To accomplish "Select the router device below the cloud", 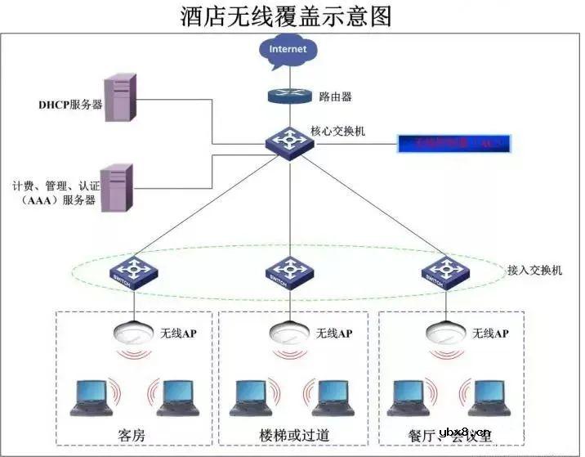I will (x=288, y=95).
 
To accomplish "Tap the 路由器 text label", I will (x=335, y=96).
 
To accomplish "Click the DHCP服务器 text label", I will (x=70, y=105).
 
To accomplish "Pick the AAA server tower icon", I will (x=118, y=188).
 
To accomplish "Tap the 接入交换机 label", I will (x=534, y=270).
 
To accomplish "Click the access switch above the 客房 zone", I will (x=132, y=272).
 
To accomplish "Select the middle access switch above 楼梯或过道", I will (x=288, y=272).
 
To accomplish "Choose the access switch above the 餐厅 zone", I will (x=445, y=272).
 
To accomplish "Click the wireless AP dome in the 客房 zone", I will (x=133, y=333).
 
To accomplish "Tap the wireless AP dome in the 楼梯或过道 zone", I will (x=289, y=333).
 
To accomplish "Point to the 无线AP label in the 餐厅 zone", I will (x=490, y=334).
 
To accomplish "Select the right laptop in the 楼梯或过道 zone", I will (x=334, y=397).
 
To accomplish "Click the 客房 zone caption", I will (x=134, y=433).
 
